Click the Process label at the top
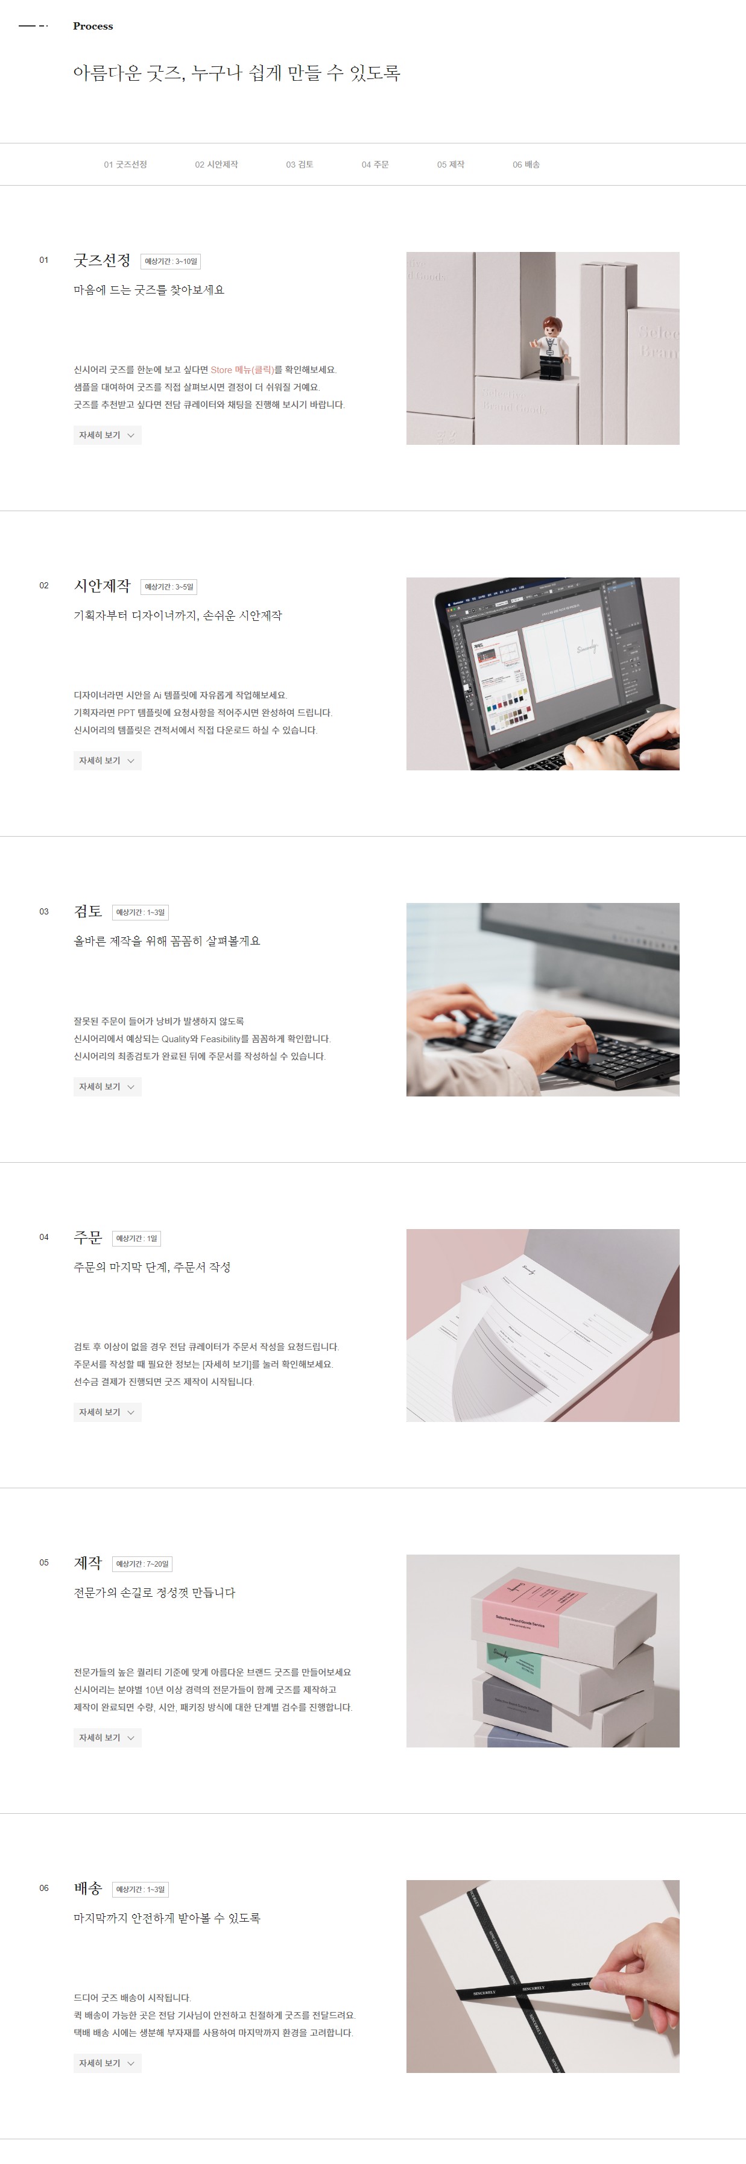point(92,26)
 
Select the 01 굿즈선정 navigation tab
point(125,165)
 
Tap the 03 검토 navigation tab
point(299,165)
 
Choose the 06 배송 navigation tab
point(526,165)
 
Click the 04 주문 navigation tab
point(375,165)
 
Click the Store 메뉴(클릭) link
point(242,370)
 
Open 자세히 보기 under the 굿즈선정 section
point(107,435)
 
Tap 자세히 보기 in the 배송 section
point(107,2063)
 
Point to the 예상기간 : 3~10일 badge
point(171,261)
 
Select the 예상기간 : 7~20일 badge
point(142,1564)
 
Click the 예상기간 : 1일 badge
point(136,1238)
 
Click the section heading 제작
point(87,1562)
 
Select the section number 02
point(43,585)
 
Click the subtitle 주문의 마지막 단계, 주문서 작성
point(152,1267)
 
